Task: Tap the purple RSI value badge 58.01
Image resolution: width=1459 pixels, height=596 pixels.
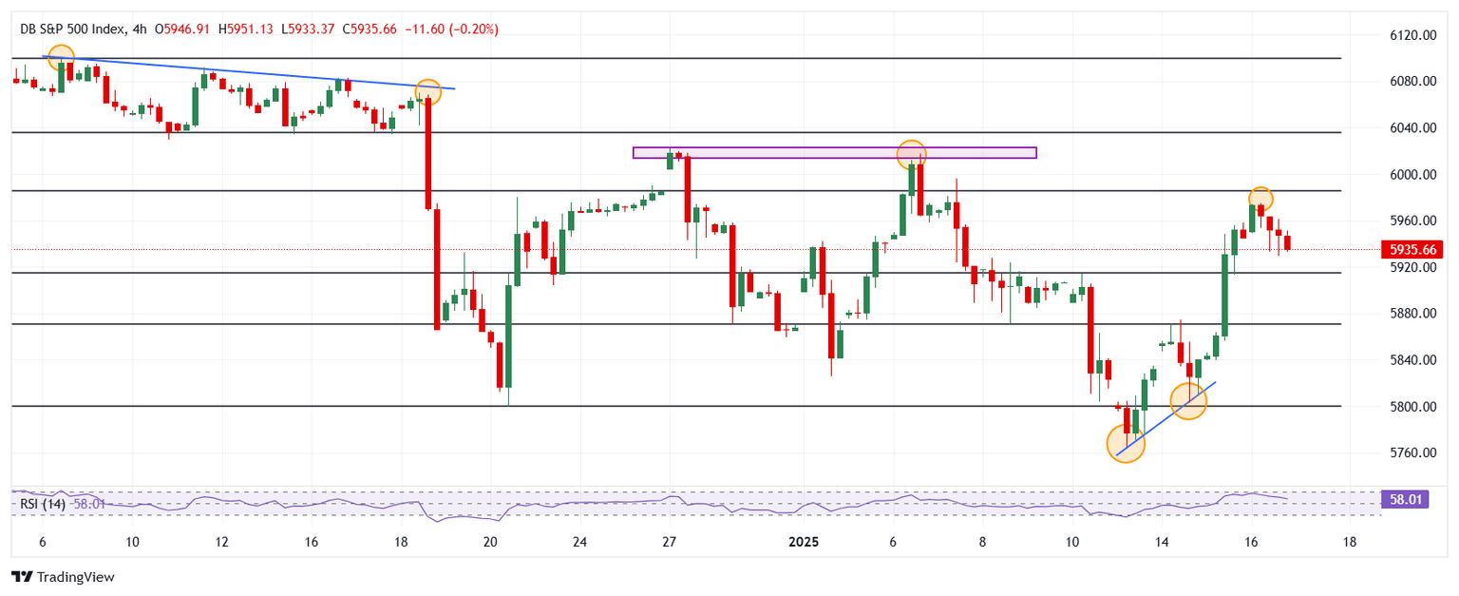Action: pyautogui.click(x=1415, y=499)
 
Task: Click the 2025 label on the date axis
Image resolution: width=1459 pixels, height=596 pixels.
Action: pyautogui.click(x=803, y=542)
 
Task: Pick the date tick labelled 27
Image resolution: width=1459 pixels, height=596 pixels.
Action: pyautogui.click(x=669, y=542)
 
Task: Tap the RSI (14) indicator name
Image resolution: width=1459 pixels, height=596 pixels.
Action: pyautogui.click(x=43, y=504)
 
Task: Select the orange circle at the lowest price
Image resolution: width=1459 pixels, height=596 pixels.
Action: pyautogui.click(x=1127, y=444)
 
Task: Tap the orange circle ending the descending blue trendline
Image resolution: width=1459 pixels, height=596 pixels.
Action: pyautogui.click(x=428, y=91)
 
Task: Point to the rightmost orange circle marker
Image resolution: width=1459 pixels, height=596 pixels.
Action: pyautogui.click(x=1260, y=199)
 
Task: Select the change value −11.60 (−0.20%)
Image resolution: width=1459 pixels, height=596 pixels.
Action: pyautogui.click(x=452, y=29)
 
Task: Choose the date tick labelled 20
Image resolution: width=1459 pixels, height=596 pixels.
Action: pyautogui.click(x=490, y=542)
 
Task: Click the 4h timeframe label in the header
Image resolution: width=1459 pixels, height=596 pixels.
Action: pyautogui.click(x=140, y=29)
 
